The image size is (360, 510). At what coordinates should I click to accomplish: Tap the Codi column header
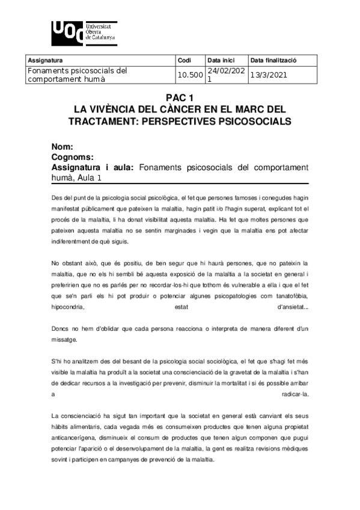pyautogui.click(x=185, y=61)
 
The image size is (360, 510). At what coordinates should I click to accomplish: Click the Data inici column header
pyautogui.click(x=220, y=61)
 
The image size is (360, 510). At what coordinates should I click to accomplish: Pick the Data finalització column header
pyautogui.click(x=274, y=61)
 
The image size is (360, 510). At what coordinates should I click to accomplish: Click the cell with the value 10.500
pyautogui.click(x=189, y=75)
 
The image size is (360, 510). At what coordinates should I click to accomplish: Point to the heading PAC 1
pyautogui.click(x=180, y=99)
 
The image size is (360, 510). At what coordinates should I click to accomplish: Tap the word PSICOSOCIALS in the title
pyautogui.click(x=248, y=121)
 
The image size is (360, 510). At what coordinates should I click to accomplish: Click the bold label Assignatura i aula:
pyautogui.click(x=91, y=167)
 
